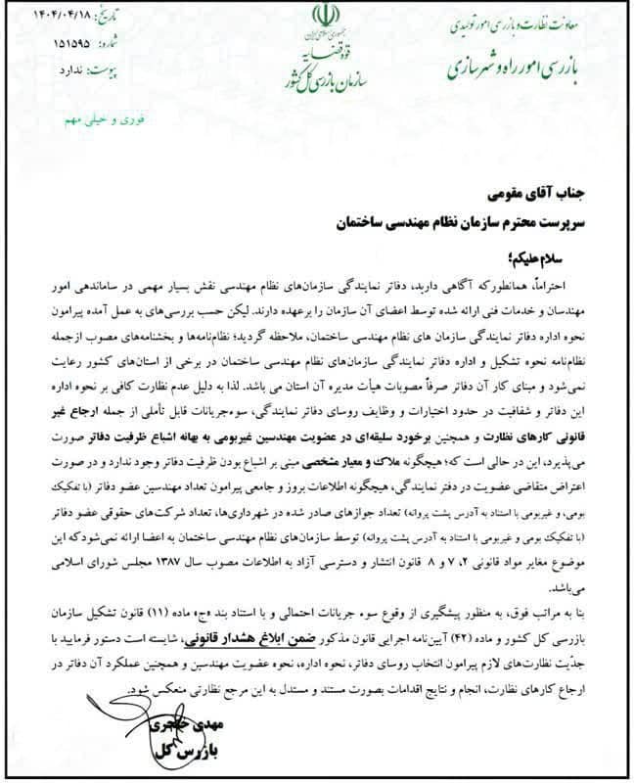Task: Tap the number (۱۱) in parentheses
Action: [x=193, y=613]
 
